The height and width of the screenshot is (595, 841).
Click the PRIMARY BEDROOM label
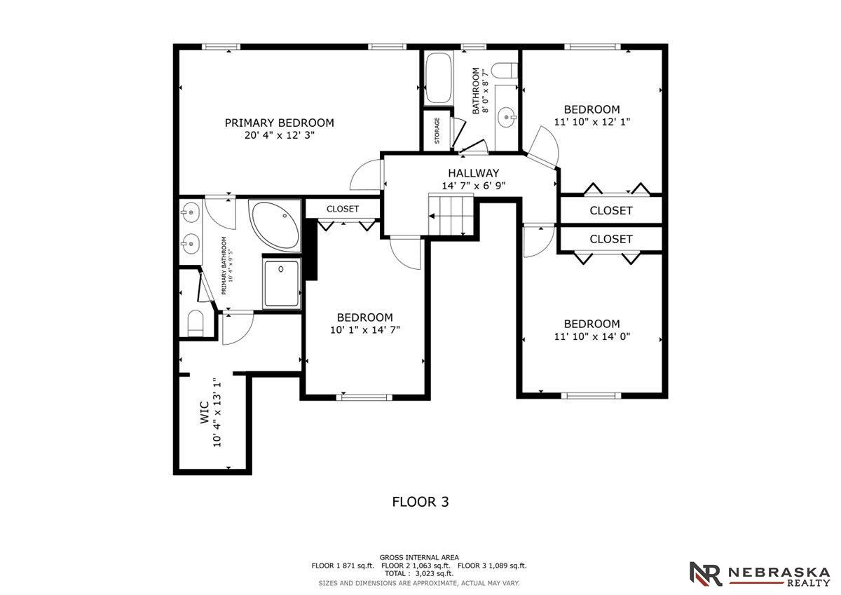pyautogui.click(x=280, y=123)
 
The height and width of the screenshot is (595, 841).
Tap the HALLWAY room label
pyautogui.click(x=474, y=173)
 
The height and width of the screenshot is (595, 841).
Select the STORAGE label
pyautogui.click(x=437, y=130)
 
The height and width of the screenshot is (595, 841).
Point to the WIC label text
pyautogui.click(x=205, y=413)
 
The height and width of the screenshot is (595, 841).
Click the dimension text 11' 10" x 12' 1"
pyautogui.click(x=592, y=122)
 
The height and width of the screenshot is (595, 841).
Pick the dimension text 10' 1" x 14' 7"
pyautogui.click(x=365, y=330)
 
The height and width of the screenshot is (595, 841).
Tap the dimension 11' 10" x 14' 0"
pyautogui.click(x=592, y=336)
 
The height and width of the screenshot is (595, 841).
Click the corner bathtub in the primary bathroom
pyautogui.click(x=275, y=225)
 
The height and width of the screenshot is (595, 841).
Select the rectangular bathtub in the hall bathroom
pyautogui.click(x=439, y=78)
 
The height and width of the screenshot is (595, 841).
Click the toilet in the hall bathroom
pyautogui.click(x=505, y=71)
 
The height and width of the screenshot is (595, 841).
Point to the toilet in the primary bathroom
pyautogui.click(x=196, y=324)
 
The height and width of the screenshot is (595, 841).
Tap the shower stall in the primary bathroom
pyautogui.click(x=282, y=283)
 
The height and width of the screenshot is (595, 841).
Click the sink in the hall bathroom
pyautogui.click(x=507, y=117)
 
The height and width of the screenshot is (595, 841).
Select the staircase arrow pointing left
pyautogui.click(x=446, y=217)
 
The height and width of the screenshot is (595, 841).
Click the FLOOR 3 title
pyautogui.click(x=420, y=502)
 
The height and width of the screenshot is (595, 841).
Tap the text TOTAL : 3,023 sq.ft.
pyautogui.click(x=419, y=573)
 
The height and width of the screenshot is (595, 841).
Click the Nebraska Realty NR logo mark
pyautogui.click(x=706, y=574)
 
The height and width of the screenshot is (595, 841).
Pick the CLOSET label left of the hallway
pyautogui.click(x=343, y=209)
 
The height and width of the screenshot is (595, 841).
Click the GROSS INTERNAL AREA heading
pyautogui.click(x=419, y=557)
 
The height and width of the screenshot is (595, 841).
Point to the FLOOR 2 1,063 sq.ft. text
pyautogui.click(x=416, y=566)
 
